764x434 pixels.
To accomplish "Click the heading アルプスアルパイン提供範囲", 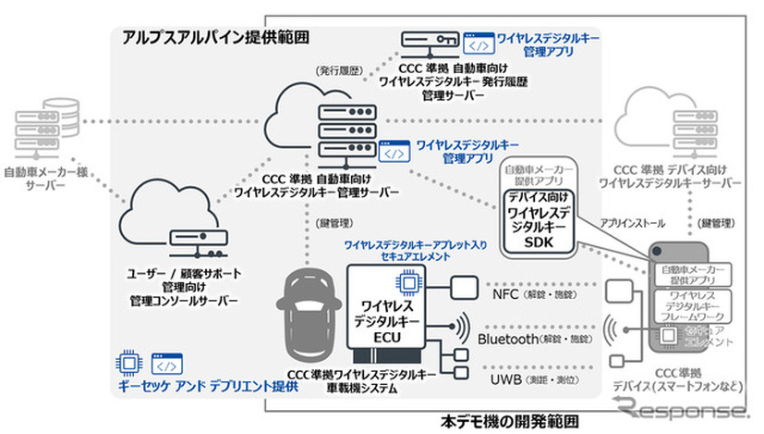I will point(210,37).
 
